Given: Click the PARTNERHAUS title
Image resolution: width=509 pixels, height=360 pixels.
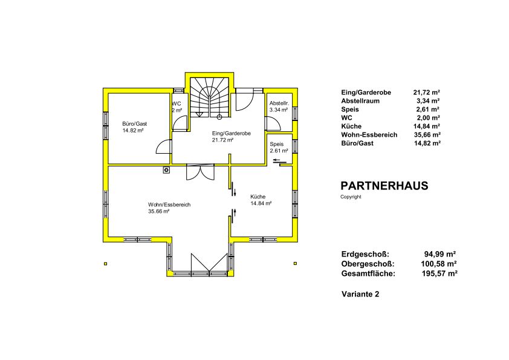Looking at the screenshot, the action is [384, 186].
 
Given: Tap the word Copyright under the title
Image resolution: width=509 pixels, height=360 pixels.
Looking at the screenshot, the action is [351, 197].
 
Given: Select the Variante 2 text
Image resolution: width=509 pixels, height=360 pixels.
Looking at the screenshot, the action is [360, 294].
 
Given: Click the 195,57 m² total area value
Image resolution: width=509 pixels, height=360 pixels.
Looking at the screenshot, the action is [439, 273].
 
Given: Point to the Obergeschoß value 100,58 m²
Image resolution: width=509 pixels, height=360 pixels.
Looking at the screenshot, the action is [439, 264].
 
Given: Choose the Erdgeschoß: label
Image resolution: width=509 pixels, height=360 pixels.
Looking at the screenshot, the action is [365, 254].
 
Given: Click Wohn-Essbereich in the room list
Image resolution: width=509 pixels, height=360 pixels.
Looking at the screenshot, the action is [369, 134].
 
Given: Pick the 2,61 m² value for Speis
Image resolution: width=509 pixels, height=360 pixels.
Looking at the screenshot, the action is [428, 109].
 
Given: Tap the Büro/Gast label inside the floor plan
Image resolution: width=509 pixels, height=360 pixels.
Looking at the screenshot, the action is [134, 124].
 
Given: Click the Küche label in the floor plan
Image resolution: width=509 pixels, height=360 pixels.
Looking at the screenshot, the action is [258, 197].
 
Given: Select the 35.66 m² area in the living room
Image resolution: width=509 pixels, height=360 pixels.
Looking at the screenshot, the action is [159, 211].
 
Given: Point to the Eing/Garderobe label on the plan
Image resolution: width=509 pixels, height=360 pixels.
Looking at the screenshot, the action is [231, 133].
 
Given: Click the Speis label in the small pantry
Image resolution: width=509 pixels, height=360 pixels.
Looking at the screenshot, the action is [277, 144].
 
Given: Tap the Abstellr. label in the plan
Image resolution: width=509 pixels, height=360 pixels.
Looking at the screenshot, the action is [279, 103].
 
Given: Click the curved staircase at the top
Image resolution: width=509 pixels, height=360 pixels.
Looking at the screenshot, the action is [209, 97].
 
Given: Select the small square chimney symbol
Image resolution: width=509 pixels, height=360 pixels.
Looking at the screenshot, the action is [166, 169].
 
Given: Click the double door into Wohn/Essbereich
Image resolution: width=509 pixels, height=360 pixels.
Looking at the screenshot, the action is [200, 172].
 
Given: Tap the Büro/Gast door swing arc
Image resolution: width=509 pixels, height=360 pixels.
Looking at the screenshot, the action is [163, 146].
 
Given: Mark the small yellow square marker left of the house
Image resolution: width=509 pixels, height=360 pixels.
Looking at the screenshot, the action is [106, 264].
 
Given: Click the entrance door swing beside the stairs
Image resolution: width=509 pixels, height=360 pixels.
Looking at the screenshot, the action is [244, 100].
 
